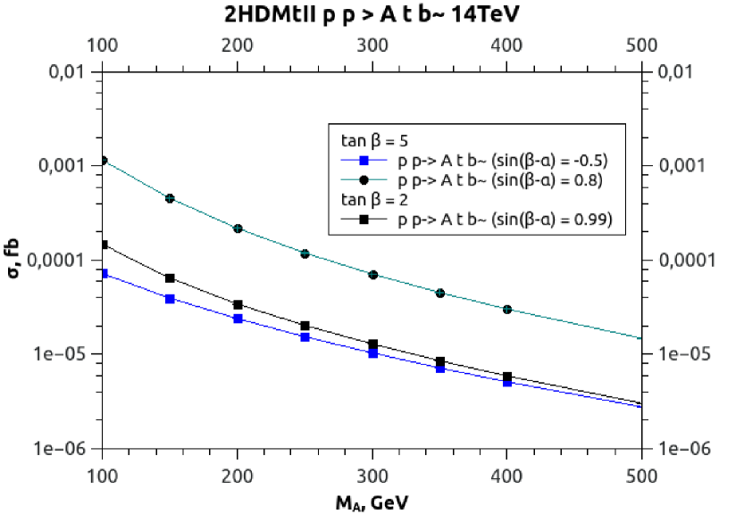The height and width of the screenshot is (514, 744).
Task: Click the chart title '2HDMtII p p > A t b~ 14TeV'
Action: point(372,14)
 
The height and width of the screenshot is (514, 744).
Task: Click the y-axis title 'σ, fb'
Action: point(15,260)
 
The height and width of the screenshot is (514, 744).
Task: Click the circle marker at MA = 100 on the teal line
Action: point(104,161)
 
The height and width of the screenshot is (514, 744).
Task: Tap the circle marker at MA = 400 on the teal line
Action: point(507,310)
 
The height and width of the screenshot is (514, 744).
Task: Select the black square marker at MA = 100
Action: point(104,245)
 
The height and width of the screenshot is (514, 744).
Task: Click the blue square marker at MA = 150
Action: point(171,299)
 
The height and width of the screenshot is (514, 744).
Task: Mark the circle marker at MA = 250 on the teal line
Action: point(305,254)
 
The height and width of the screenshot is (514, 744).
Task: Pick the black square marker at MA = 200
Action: point(238,305)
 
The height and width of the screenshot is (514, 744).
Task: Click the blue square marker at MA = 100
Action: point(104,274)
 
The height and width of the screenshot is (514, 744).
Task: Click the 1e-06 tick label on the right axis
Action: point(684,448)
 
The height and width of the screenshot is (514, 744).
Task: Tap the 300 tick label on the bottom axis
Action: point(372,470)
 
